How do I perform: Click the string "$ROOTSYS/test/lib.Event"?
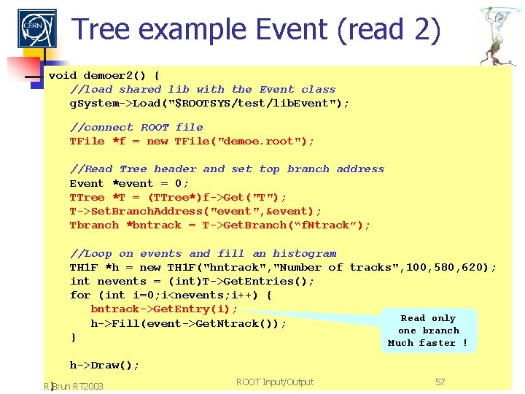click(266, 103)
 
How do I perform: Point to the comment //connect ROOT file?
click(136, 127)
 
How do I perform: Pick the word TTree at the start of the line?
click(87, 197)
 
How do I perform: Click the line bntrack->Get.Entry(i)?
click(164, 309)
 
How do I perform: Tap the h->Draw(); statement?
click(104, 365)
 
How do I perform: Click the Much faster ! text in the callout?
click(428, 342)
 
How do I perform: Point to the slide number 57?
click(440, 382)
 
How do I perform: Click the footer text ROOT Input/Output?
click(275, 382)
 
